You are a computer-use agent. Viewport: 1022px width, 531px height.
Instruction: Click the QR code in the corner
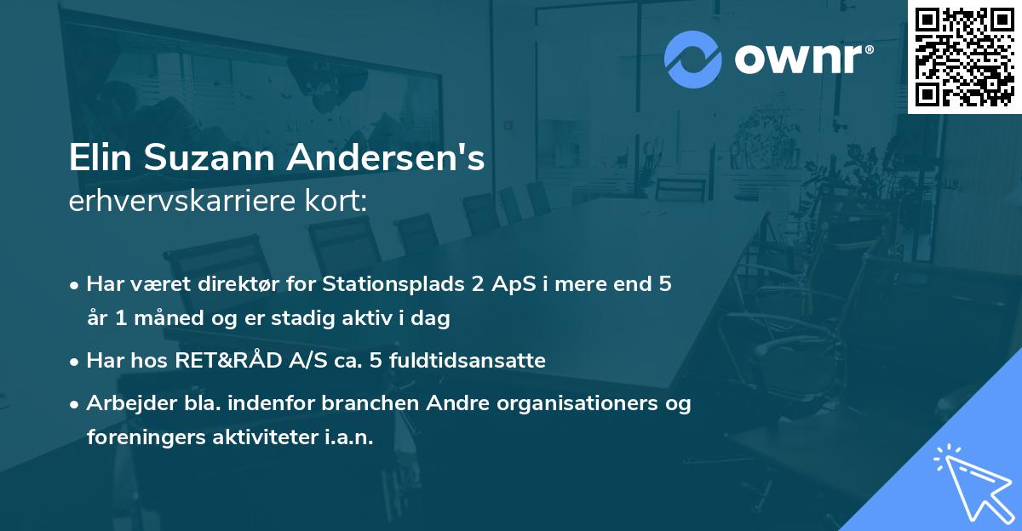[964, 56]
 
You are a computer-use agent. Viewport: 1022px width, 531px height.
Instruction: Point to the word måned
[164, 319]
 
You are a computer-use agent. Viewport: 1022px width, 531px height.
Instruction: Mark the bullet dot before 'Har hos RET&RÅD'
[75, 362]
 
